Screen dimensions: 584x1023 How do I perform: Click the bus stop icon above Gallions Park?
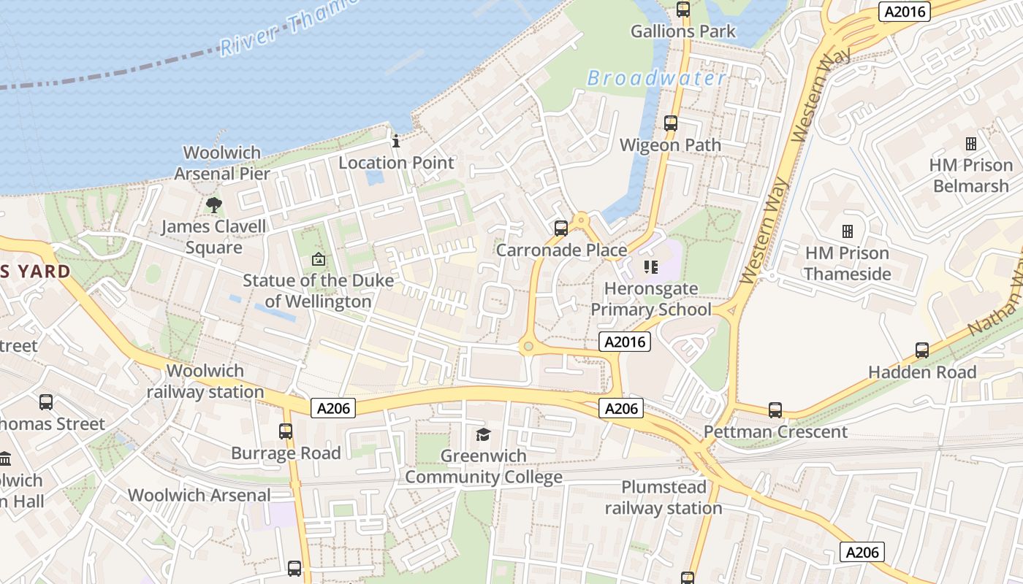point(683,9)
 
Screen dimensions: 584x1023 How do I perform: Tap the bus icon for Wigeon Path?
point(671,123)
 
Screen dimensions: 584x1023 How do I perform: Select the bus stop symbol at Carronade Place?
point(561,228)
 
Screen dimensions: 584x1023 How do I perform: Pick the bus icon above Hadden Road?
point(922,350)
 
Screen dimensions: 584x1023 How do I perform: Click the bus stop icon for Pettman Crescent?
point(775,410)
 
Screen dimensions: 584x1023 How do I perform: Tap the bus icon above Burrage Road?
point(286,431)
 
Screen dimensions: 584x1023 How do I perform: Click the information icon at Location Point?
point(396,141)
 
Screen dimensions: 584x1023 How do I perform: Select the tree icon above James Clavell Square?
point(213,204)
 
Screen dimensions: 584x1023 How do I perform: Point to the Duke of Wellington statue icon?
point(319,259)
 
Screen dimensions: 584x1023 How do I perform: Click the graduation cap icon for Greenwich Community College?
point(483,435)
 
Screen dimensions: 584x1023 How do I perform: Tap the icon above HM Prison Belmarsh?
point(971,144)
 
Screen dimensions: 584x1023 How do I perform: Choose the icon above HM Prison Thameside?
point(848,231)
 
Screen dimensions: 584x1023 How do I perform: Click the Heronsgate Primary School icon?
point(650,267)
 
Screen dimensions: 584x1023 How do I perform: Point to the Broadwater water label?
point(656,79)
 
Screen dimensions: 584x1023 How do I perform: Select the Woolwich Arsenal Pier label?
point(222,163)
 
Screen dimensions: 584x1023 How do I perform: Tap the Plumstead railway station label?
point(663,497)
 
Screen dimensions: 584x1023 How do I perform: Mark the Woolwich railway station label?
point(205,381)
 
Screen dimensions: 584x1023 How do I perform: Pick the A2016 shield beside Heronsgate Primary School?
point(624,342)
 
